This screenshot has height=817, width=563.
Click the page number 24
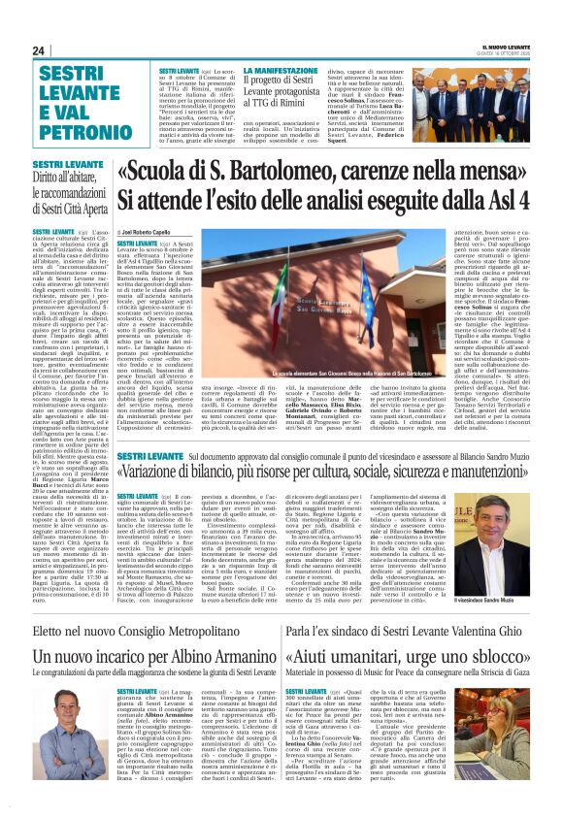click(38, 50)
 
